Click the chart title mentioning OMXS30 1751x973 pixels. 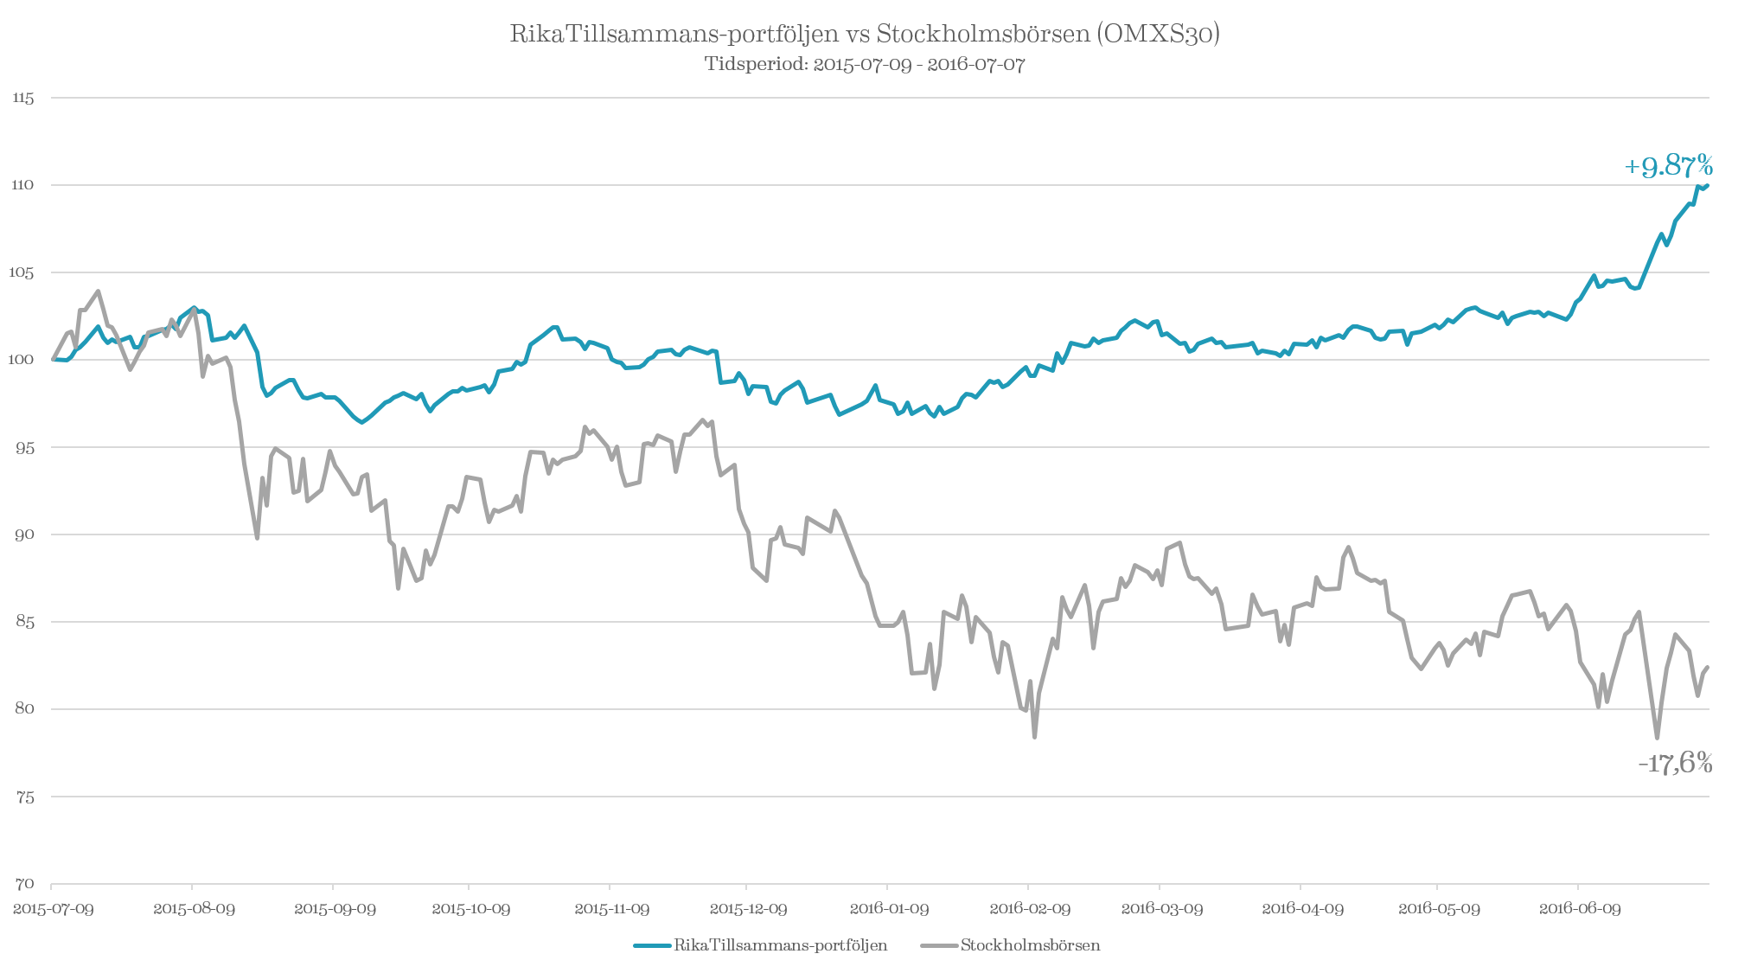[865, 35]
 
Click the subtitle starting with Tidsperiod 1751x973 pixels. [865, 65]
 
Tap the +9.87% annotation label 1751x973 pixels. [1668, 166]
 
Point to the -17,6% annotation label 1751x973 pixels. [1675, 763]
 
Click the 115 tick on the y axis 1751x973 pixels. [23, 99]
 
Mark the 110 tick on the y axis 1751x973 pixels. [23, 185]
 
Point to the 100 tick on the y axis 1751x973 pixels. [23, 360]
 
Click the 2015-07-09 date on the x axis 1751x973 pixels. [54, 909]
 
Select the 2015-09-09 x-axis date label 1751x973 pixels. [335, 909]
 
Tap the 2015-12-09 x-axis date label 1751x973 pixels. [748, 909]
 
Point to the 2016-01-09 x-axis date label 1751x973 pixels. [889, 909]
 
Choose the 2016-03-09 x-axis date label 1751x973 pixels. [1161, 909]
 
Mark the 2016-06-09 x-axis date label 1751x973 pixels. [1580, 909]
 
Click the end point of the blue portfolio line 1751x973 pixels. [1708, 184]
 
